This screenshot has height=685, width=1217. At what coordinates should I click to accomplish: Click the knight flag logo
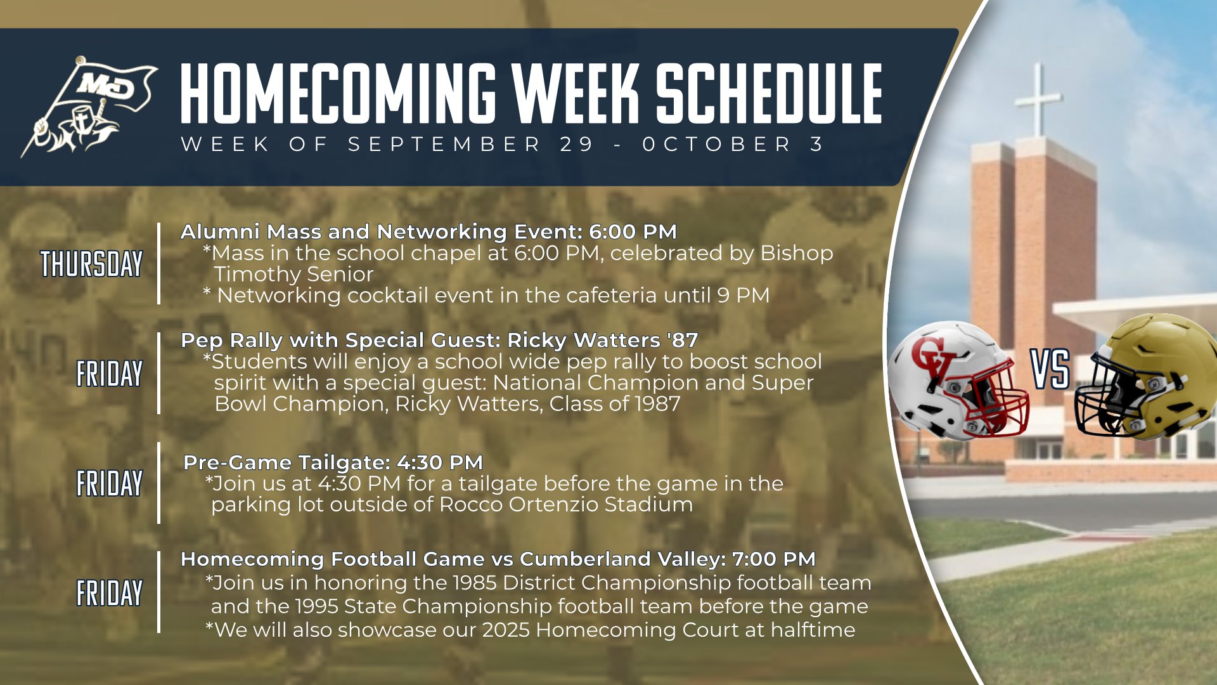89,107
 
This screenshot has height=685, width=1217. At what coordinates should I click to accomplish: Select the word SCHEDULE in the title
769,93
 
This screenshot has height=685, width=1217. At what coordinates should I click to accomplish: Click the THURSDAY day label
91,264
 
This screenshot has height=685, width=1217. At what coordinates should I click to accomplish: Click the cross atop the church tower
1038,99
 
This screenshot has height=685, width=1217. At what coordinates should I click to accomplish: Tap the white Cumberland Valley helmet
958,380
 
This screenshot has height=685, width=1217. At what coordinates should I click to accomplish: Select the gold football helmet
1147,377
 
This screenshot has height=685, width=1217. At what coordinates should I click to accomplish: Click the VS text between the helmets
1050,369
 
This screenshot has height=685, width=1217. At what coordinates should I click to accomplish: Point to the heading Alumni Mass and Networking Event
382,232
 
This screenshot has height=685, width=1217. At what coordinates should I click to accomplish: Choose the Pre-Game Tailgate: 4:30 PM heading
333,462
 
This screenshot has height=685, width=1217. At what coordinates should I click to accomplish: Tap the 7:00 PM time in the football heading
774,559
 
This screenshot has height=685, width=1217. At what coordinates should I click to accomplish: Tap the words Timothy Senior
293,275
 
